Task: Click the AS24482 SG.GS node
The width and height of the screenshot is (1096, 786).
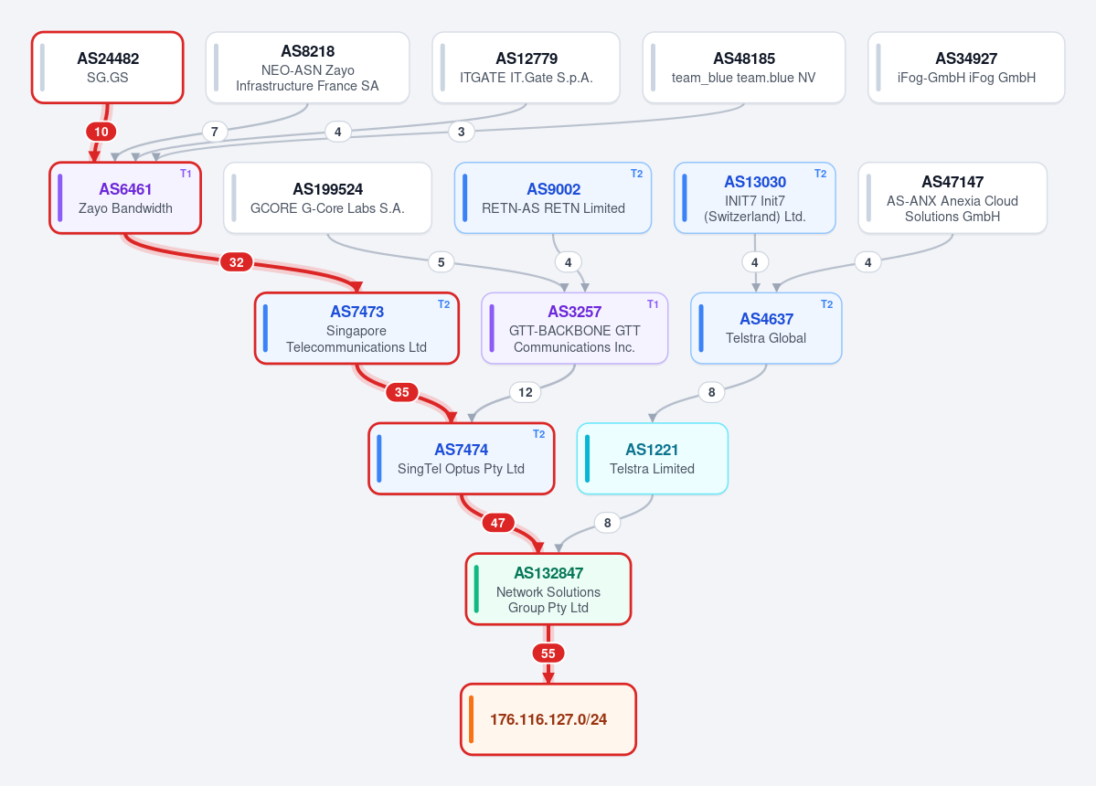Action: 108,68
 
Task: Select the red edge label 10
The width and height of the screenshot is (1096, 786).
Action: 101,132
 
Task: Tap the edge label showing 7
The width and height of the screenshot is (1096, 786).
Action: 215,132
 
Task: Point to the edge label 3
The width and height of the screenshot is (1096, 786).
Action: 462,132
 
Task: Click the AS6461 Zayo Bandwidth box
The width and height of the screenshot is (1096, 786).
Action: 125,197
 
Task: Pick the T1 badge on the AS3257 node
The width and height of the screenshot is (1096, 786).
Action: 653,304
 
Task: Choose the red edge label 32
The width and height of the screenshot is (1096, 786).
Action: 237,262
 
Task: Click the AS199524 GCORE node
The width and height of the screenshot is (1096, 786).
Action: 328,197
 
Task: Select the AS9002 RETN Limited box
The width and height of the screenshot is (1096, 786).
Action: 553,197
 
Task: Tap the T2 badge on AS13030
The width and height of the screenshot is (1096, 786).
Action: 821,174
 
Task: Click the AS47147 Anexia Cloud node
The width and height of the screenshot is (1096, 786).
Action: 952,197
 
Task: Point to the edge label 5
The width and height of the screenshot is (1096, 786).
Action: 442,262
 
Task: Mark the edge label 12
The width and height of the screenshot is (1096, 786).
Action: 526,392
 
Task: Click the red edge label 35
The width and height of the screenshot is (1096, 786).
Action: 402,392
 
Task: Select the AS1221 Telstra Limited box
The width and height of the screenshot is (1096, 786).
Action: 652,458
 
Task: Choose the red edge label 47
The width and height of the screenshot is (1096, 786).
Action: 497,523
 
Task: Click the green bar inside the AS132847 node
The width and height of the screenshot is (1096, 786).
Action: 477,589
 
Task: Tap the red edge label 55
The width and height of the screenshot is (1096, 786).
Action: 548,653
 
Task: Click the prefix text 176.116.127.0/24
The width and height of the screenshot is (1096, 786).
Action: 548,719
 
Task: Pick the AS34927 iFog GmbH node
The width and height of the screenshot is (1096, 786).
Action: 967,68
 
